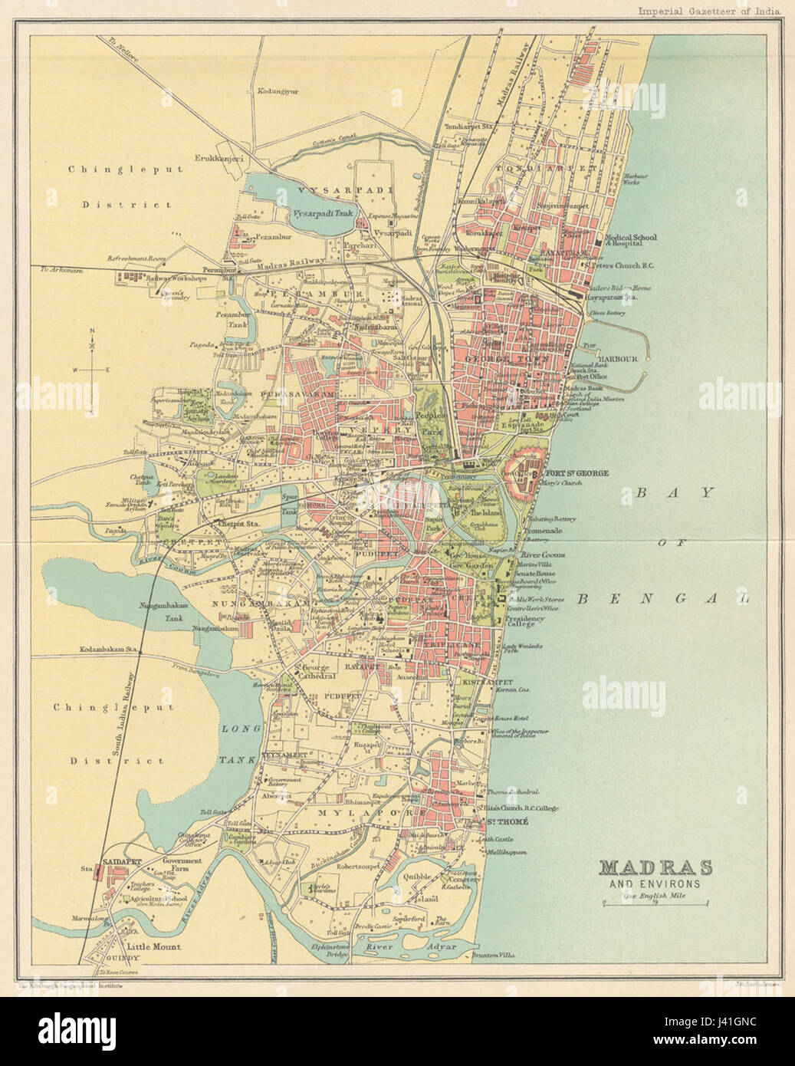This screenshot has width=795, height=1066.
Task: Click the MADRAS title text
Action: (655, 868)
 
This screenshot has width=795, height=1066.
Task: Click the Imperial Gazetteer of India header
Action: (709, 10)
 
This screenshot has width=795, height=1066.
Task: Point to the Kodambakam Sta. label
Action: (107, 650)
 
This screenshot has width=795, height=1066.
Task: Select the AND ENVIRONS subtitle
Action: (655, 884)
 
